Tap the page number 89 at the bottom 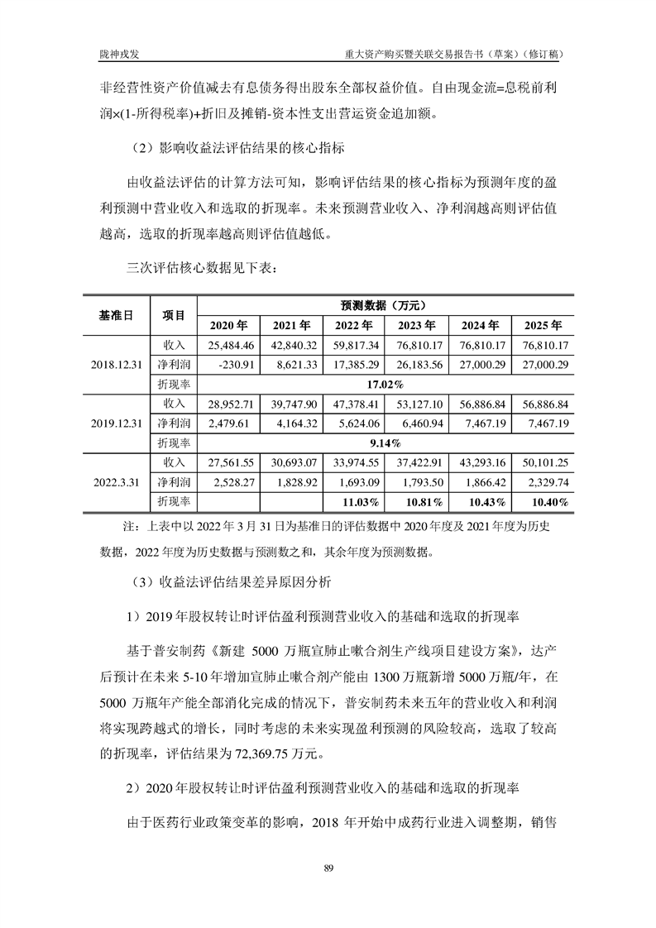pyautogui.click(x=328, y=867)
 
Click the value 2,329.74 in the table pyautogui.click(x=543, y=481)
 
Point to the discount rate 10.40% pyautogui.click(x=544, y=501)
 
